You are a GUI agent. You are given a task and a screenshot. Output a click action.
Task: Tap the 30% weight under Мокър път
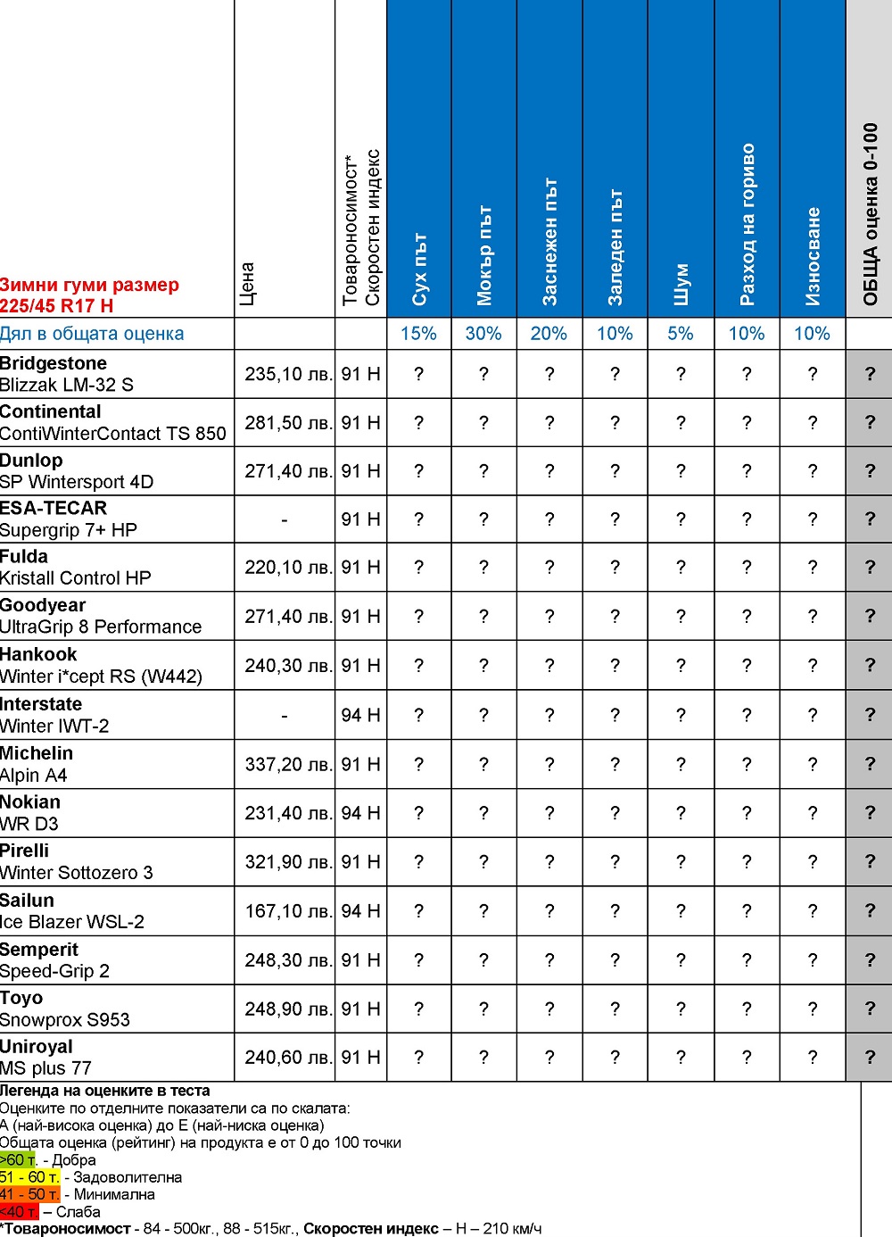pos(483,334)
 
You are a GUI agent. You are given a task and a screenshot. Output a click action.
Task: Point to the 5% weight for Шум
pos(681,334)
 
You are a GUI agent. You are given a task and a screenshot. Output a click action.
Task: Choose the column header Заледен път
pos(615,247)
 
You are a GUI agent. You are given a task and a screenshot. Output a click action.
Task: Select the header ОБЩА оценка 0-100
pos(871,214)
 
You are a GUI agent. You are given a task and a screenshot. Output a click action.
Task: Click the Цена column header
pos(248,284)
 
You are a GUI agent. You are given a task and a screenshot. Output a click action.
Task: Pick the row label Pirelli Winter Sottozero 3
pos(76,862)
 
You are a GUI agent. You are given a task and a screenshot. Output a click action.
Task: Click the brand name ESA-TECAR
pos(54,509)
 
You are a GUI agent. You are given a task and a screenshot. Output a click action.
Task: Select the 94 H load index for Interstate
pos(360,716)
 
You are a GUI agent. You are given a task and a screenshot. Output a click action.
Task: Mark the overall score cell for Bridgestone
pos(871,374)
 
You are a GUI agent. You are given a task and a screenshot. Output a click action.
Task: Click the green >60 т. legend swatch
pos(18,1160)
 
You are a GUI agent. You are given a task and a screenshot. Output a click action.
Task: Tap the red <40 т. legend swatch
pos(19,1212)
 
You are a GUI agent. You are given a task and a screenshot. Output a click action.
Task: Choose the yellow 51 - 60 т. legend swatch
pos(29,1177)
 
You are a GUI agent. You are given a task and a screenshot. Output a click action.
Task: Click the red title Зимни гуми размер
pos(89,286)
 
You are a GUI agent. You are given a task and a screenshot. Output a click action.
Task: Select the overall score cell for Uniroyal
pos(871,1058)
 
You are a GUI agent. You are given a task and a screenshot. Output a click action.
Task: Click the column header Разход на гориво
pos(747,224)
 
